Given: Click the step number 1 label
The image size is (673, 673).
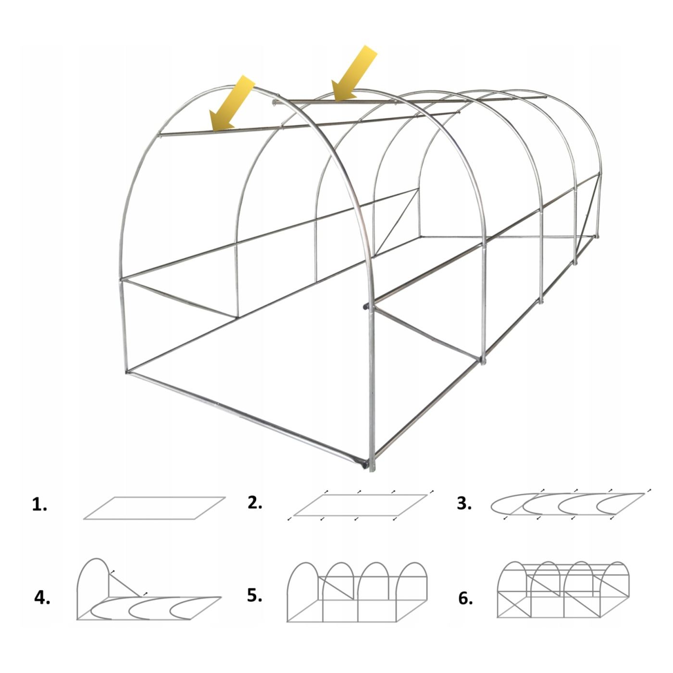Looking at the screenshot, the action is (x=39, y=505).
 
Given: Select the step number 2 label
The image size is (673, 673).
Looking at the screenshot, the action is (x=255, y=502).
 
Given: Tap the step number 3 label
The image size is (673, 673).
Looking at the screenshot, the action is (x=464, y=503).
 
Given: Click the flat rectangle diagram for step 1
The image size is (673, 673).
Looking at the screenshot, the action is (x=154, y=508).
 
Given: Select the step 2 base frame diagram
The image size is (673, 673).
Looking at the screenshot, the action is (x=361, y=505).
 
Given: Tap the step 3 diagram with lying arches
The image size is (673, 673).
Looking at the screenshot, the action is (x=571, y=504).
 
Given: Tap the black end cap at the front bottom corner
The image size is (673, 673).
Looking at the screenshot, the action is (x=365, y=465).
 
